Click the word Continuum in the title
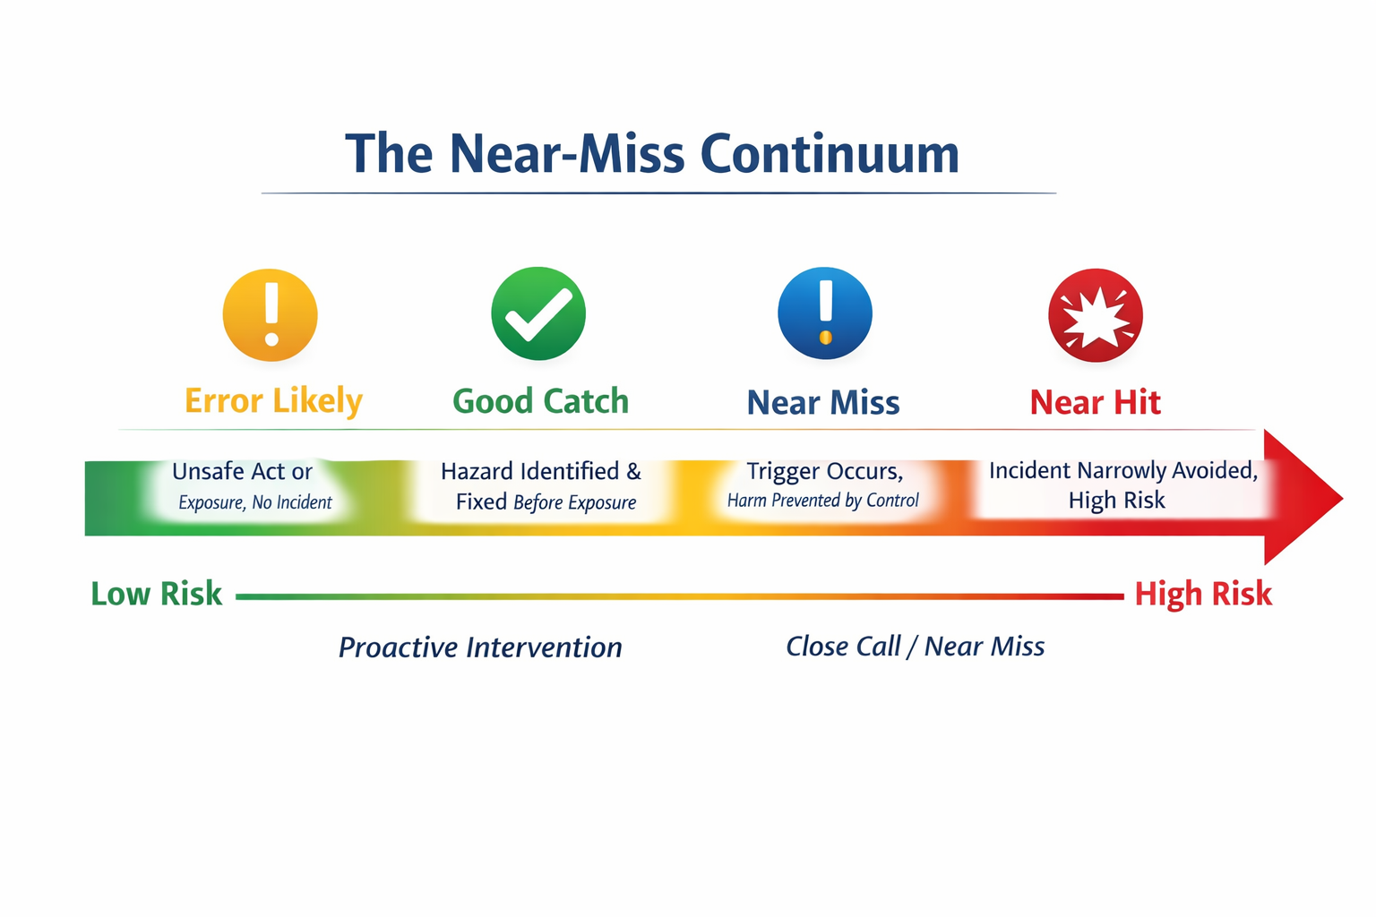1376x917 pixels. coord(830,153)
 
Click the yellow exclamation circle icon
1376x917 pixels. coord(271,315)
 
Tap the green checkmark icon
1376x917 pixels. coord(538,313)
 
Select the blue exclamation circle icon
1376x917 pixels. coord(825,313)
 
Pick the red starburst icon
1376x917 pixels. coord(1096,315)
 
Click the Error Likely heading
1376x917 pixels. coord(274,401)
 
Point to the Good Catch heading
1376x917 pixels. coord(540,401)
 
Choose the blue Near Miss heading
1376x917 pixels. coord(823,403)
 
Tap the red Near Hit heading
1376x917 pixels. coord(1096,403)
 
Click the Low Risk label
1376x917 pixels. coord(156,594)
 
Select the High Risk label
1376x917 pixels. coord(1203,594)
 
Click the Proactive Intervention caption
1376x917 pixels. coord(480,647)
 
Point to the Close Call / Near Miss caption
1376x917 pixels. coord(916,647)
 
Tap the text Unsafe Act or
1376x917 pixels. coord(242,472)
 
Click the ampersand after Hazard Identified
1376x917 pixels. coord(634,472)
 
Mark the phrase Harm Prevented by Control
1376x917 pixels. coord(823,501)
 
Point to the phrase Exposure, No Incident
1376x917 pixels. coord(255,502)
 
